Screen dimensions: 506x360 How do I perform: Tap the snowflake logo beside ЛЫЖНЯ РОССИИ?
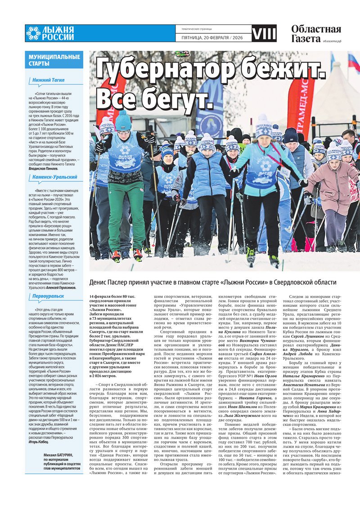pos(33,33)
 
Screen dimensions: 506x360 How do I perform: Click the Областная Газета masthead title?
pos(315,34)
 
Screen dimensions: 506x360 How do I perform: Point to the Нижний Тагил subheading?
pos(48,80)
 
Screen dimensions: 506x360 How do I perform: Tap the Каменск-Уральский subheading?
pos(54,177)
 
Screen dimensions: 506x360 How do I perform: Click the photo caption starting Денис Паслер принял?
pos(212,282)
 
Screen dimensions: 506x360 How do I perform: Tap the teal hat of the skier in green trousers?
pos(123,121)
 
